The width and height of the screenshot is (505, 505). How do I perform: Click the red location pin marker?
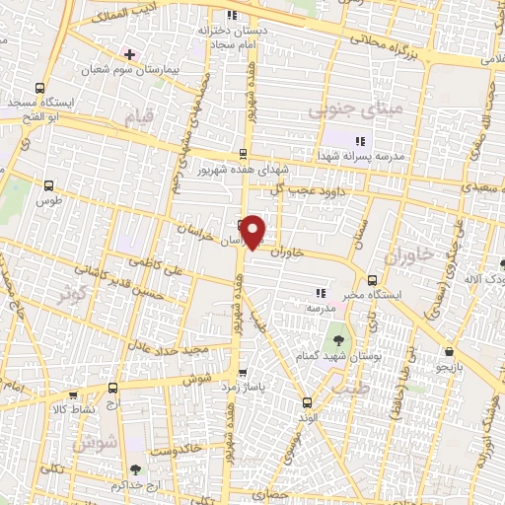pos(253,231)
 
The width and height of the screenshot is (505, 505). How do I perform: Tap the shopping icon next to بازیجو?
pos(450,351)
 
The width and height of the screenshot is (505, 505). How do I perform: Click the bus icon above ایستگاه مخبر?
pos(372,279)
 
